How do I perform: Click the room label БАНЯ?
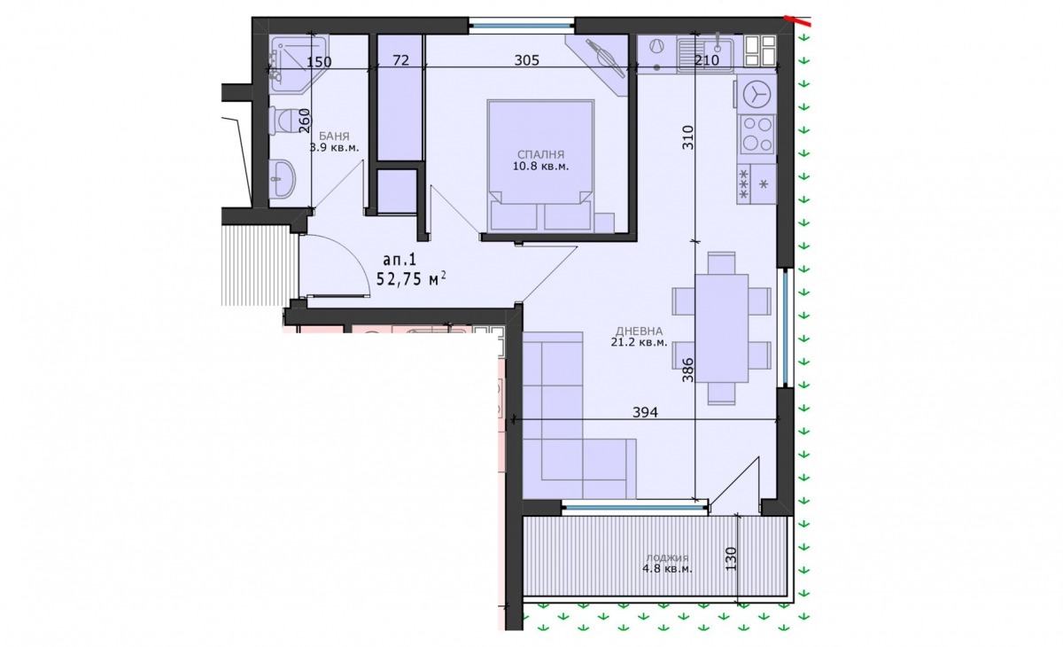334,136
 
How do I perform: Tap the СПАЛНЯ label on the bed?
540,155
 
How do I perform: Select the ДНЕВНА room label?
640,331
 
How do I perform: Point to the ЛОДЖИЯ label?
667,558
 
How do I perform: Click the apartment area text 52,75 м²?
411,278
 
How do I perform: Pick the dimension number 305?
527,60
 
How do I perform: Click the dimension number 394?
646,412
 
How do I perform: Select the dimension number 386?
687,370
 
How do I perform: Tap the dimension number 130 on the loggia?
731,558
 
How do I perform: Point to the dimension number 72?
401,60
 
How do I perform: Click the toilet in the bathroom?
282,121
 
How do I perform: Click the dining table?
721,329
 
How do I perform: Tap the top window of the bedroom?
522,26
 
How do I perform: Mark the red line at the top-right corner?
797,19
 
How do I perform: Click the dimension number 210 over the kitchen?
707,60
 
